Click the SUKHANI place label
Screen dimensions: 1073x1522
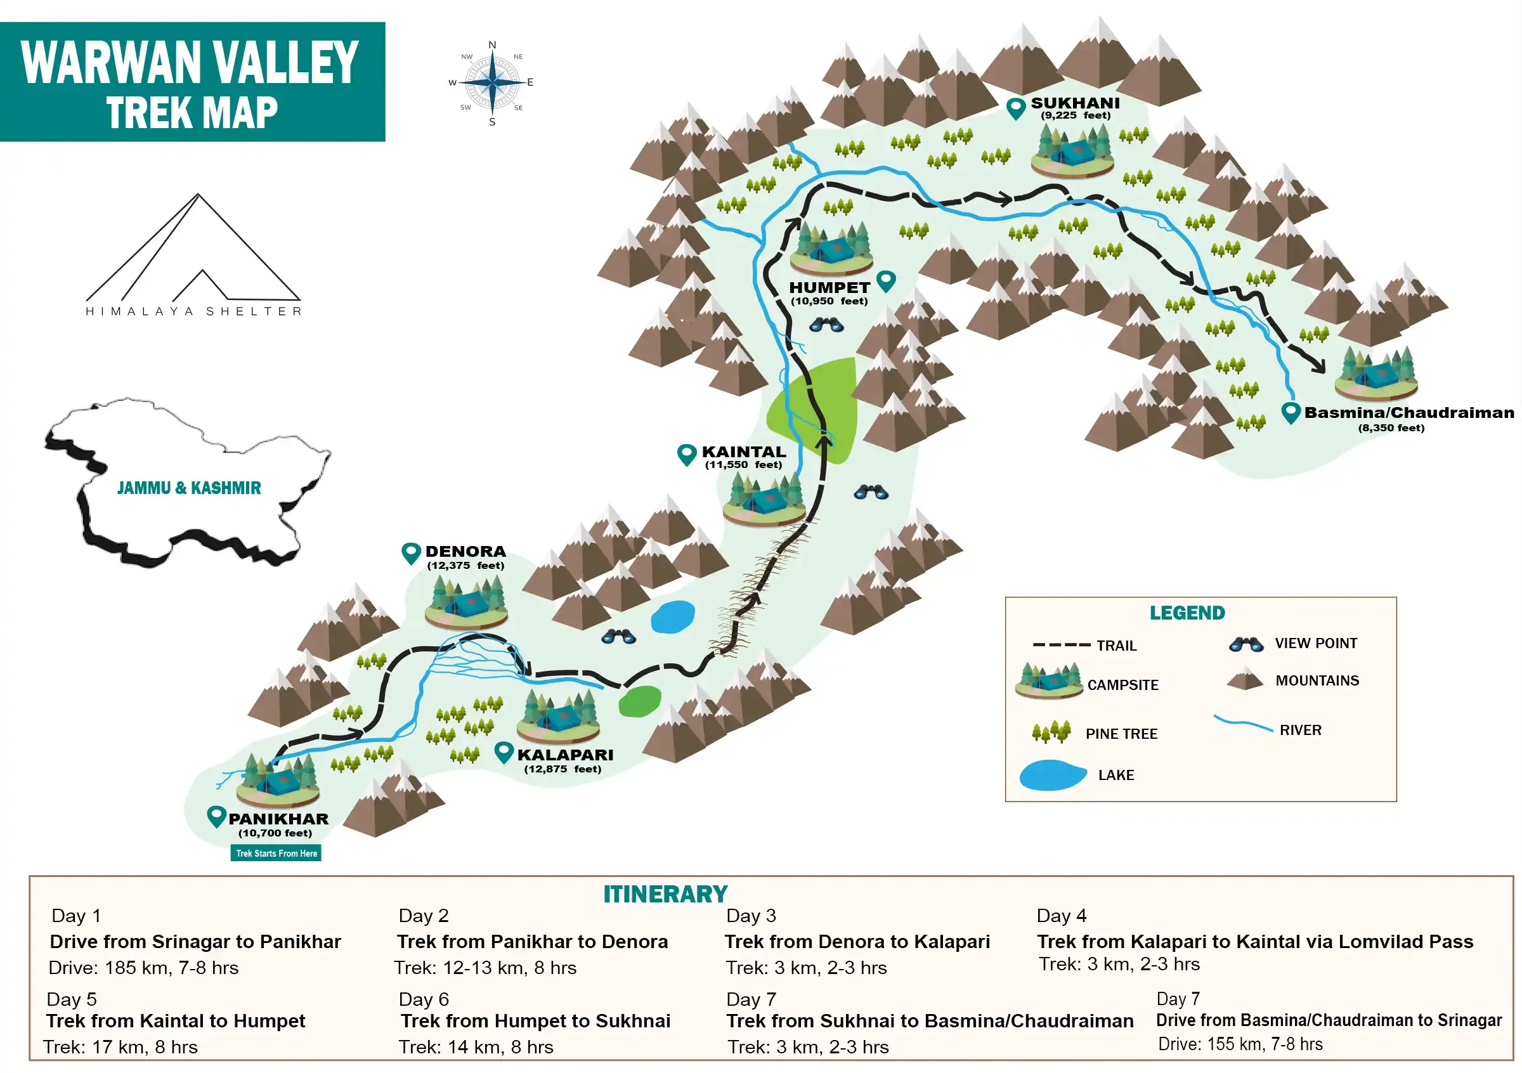1074,103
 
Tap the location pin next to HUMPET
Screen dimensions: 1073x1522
886,281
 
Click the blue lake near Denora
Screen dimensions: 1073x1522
672,617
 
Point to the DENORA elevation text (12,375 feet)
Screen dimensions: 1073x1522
465,565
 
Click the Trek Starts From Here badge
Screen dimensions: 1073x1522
276,853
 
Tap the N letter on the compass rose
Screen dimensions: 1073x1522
492,45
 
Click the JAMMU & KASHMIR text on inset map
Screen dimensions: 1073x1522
189,488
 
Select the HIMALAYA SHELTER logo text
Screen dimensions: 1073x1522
193,311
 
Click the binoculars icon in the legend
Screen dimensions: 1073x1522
1245,644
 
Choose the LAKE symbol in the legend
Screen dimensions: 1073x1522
1052,775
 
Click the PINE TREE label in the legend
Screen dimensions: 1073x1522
1121,734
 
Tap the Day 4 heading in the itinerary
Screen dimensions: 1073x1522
1062,916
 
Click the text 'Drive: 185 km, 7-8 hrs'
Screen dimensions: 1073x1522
144,968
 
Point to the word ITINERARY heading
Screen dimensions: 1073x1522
665,894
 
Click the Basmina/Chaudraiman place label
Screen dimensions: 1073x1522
1408,413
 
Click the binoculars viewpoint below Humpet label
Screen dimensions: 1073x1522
826,325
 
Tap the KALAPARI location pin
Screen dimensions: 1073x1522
504,752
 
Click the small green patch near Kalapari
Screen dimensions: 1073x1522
639,701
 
